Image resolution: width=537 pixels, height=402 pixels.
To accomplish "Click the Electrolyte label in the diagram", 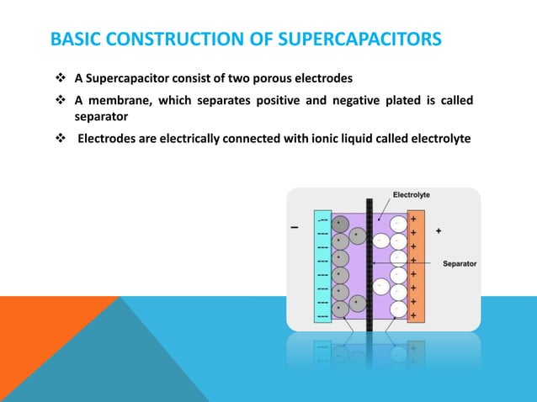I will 412,194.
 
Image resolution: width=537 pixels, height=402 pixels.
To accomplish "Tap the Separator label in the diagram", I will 460,263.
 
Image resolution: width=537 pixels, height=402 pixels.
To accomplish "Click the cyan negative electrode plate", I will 322,266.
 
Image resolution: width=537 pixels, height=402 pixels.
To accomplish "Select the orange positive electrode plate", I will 415,266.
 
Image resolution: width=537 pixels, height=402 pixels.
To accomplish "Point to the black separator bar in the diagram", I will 368,269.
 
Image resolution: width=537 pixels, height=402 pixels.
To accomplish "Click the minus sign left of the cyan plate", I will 294,228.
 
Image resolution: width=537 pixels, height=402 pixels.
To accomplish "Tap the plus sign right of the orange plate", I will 439,229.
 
